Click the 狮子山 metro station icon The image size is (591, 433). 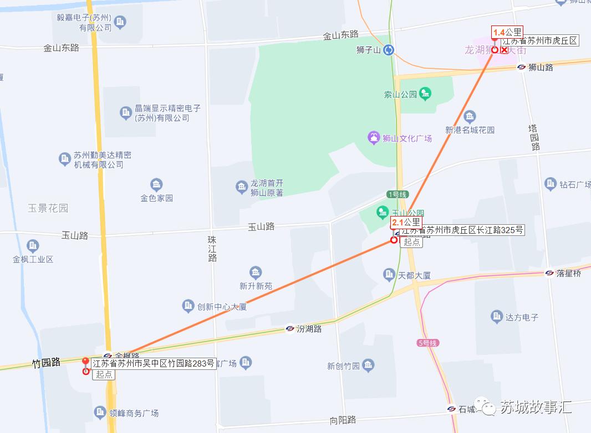tap(389, 50)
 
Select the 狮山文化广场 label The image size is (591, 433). tap(407, 138)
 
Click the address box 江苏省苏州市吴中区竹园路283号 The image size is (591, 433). tap(153, 364)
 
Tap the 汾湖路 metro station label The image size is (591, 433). tap(309, 328)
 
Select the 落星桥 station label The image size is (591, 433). tap(569, 273)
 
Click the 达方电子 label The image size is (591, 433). tap(522, 317)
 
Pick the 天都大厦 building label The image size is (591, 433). tap(414, 275)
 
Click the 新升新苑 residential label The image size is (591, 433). tap(256, 286)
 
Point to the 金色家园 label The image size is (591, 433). tap(156, 198)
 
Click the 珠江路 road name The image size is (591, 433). tap(212, 249)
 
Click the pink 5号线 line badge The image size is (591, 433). tap(427, 343)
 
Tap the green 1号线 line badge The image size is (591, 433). tap(398, 194)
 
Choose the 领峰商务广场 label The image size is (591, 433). tap(134, 413)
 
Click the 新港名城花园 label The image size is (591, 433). tap(470, 130)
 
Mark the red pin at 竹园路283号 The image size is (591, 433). tap(85, 363)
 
